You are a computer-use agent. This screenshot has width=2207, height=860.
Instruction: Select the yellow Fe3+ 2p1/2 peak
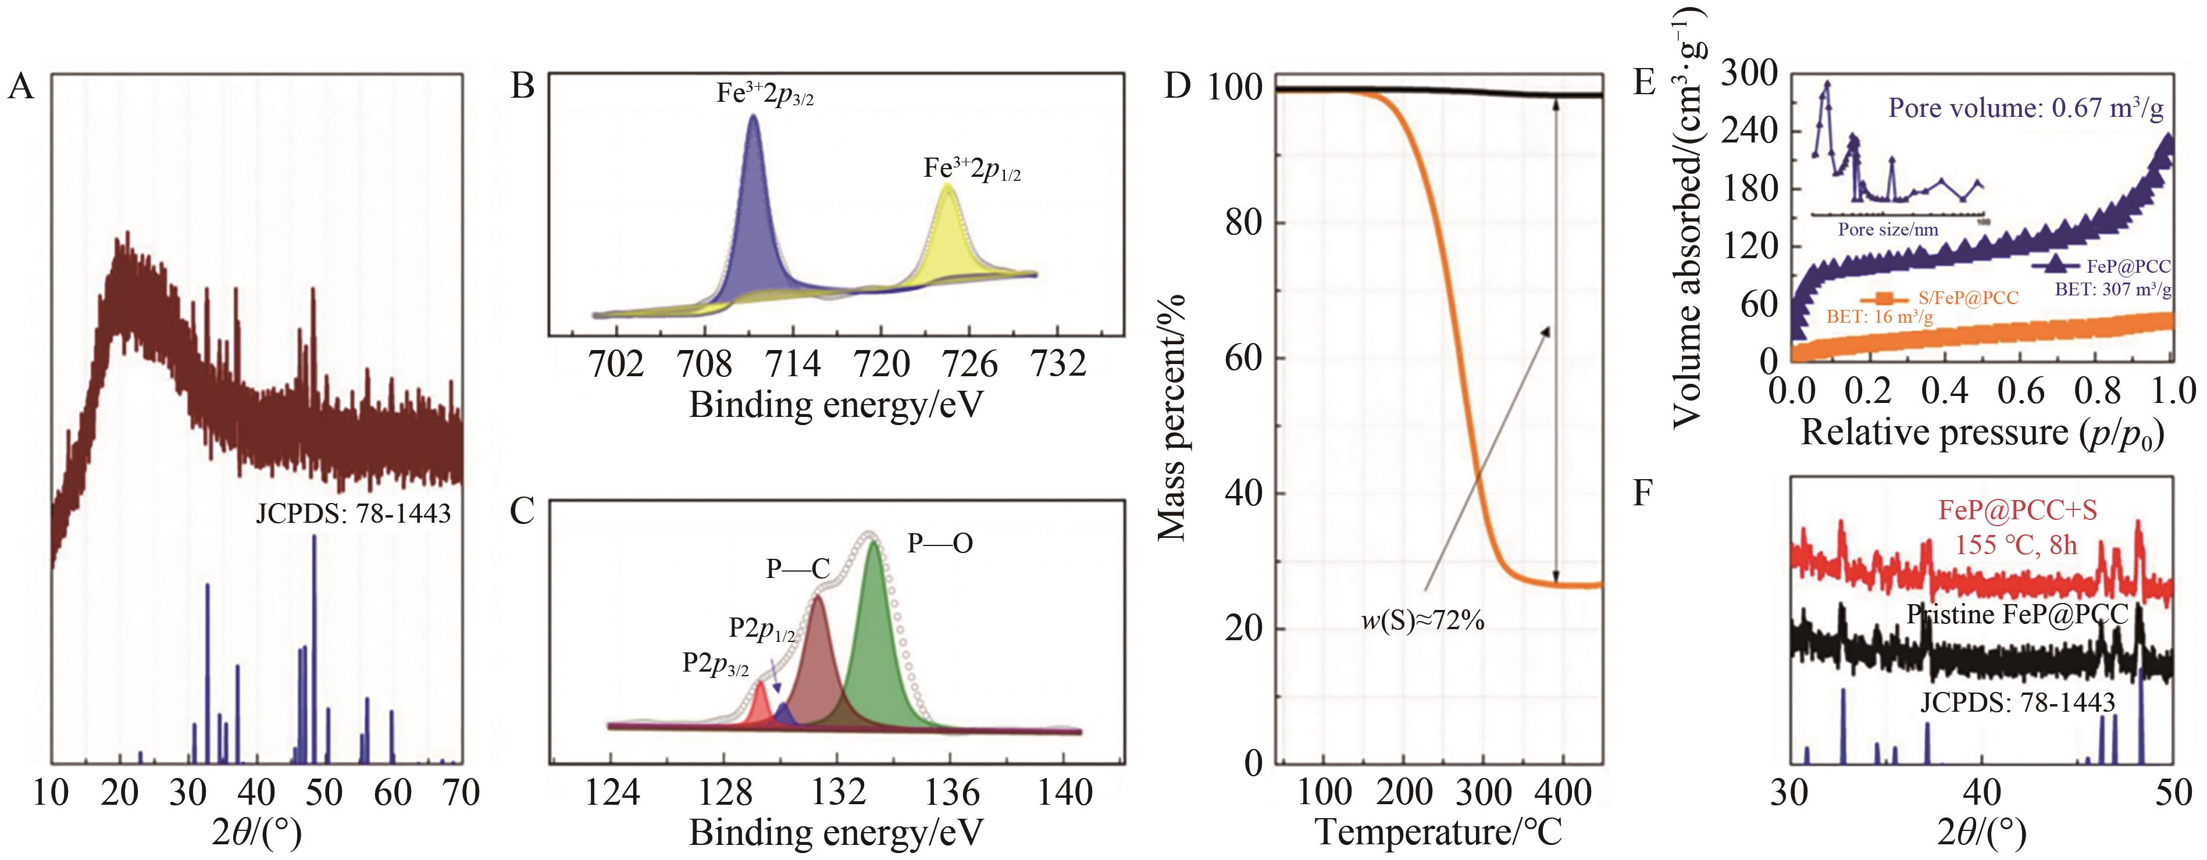(947, 235)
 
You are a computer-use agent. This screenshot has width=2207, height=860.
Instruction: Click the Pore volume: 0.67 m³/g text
(2026, 108)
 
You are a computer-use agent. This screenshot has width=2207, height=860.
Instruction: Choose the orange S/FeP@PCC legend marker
(1882, 298)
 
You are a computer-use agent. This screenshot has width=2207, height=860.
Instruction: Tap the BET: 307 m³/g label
(2113, 290)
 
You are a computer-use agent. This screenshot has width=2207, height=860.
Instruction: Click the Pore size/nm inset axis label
(1887, 230)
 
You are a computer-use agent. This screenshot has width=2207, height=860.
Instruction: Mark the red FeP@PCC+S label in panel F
(2017, 511)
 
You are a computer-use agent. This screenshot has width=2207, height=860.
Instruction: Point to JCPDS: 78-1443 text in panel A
(353, 514)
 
